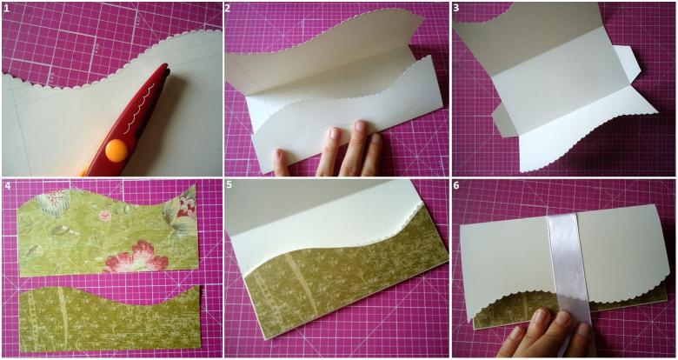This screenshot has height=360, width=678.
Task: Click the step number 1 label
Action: (6, 8)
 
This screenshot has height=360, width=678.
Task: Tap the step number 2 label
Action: (228, 8)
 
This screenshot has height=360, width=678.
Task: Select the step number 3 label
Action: (455, 8)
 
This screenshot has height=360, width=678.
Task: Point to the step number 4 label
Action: (6, 186)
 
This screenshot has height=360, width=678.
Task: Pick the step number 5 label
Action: (229, 186)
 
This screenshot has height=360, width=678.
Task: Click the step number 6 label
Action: (456, 186)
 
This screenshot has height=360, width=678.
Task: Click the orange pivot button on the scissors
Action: (116, 150)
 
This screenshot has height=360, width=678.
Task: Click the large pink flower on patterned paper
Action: (138, 257)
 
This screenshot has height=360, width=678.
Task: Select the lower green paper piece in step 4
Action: (110, 317)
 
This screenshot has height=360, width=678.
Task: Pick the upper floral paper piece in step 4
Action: (108, 231)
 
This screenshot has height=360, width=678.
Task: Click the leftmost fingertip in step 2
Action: (279, 157)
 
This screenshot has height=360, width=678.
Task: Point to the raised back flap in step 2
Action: (324, 48)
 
